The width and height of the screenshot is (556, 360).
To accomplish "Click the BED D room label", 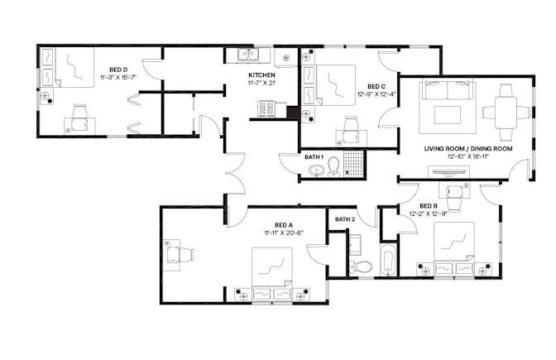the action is [x=118, y=70].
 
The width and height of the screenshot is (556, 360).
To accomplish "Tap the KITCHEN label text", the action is [x=261, y=75].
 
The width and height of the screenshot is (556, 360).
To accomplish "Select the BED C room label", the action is [x=376, y=87].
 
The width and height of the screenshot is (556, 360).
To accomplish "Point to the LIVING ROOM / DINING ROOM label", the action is [x=468, y=149].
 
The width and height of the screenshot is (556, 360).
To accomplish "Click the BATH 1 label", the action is [x=314, y=157].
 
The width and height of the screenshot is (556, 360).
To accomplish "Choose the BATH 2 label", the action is [x=345, y=219].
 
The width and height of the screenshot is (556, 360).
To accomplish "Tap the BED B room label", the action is [x=429, y=206].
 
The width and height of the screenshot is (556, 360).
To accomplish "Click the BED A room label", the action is [x=284, y=225].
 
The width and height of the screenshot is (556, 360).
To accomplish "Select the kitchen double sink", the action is [x=248, y=55].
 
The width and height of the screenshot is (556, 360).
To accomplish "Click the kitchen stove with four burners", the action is [x=267, y=109].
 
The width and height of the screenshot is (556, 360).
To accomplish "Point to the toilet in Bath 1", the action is [x=333, y=166].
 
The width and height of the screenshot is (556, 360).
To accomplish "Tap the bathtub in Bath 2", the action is [x=388, y=259].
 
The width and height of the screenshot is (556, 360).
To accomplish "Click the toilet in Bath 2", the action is [x=360, y=266].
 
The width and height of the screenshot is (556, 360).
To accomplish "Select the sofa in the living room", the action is [x=447, y=90].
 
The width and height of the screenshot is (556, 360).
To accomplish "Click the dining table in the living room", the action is [x=506, y=113].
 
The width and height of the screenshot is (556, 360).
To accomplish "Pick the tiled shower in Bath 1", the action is [x=354, y=164].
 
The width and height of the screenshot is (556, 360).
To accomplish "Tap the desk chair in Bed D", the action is [x=79, y=118].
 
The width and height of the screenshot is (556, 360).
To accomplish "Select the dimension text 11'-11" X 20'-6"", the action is [x=284, y=233].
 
